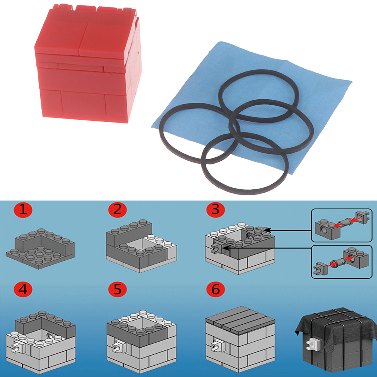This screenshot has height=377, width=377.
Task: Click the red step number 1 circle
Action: tap(23, 210)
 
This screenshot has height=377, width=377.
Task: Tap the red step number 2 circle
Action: tap(117, 210)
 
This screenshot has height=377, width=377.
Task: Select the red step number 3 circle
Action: tap(216, 210)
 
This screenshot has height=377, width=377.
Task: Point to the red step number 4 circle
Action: tap(23, 289)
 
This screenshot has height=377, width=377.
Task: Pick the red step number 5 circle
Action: tap(117, 289)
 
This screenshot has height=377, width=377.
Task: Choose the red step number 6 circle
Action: tap(216, 289)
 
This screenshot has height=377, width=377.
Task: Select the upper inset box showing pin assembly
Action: tap(342, 225)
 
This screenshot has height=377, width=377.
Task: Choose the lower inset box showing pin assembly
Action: tap(342, 262)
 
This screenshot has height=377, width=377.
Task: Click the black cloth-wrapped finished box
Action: tap(335, 341)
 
